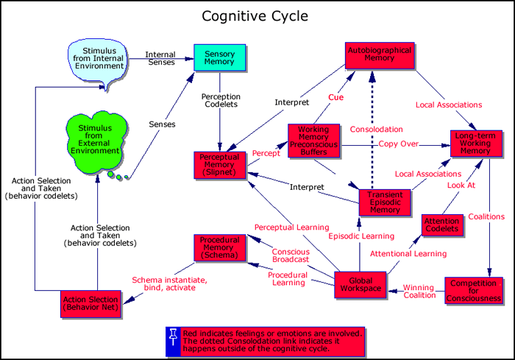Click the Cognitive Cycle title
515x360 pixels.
[257, 15]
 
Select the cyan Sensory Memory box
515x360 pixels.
[219, 57]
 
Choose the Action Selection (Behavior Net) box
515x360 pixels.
[90, 303]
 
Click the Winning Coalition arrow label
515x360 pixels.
[419, 291]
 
